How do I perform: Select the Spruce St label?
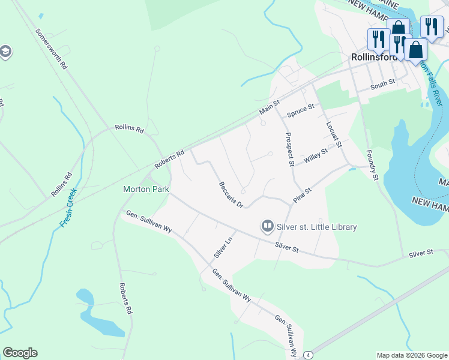[x=301, y=111]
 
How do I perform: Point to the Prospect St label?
[x=289, y=149]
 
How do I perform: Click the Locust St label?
[x=334, y=135]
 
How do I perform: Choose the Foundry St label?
[x=372, y=165]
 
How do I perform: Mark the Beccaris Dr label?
[x=231, y=195]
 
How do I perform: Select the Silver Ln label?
[x=223, y=245]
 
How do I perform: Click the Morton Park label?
[x=146, y=189]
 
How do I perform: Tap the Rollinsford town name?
[x=373, y=58]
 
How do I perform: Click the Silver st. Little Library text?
[x=316, y=227]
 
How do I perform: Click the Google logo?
[x=20, y=353]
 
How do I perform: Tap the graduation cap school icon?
[x=5, y=52]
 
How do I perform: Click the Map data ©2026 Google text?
[x=411, y=355]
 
